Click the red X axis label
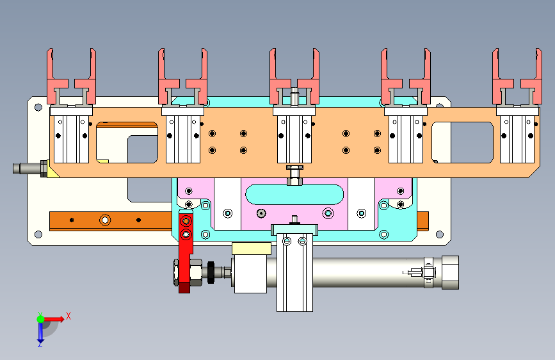click(68, 316)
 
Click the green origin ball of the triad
click(40, 319)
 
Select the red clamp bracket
click(186, 251)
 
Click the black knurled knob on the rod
click(211, 272)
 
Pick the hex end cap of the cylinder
click(450, 272)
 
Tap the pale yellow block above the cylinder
click(252, 249)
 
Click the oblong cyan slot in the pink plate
click(294, 194)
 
